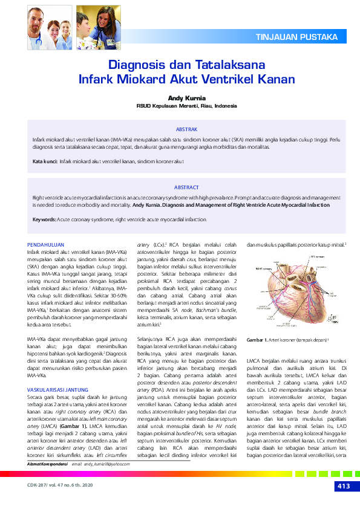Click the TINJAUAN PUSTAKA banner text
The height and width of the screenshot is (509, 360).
click(297, 37)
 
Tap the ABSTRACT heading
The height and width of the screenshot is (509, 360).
click(186, 188)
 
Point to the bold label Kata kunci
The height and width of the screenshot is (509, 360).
click(45, 163)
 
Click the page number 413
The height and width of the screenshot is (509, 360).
click(342, 487)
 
